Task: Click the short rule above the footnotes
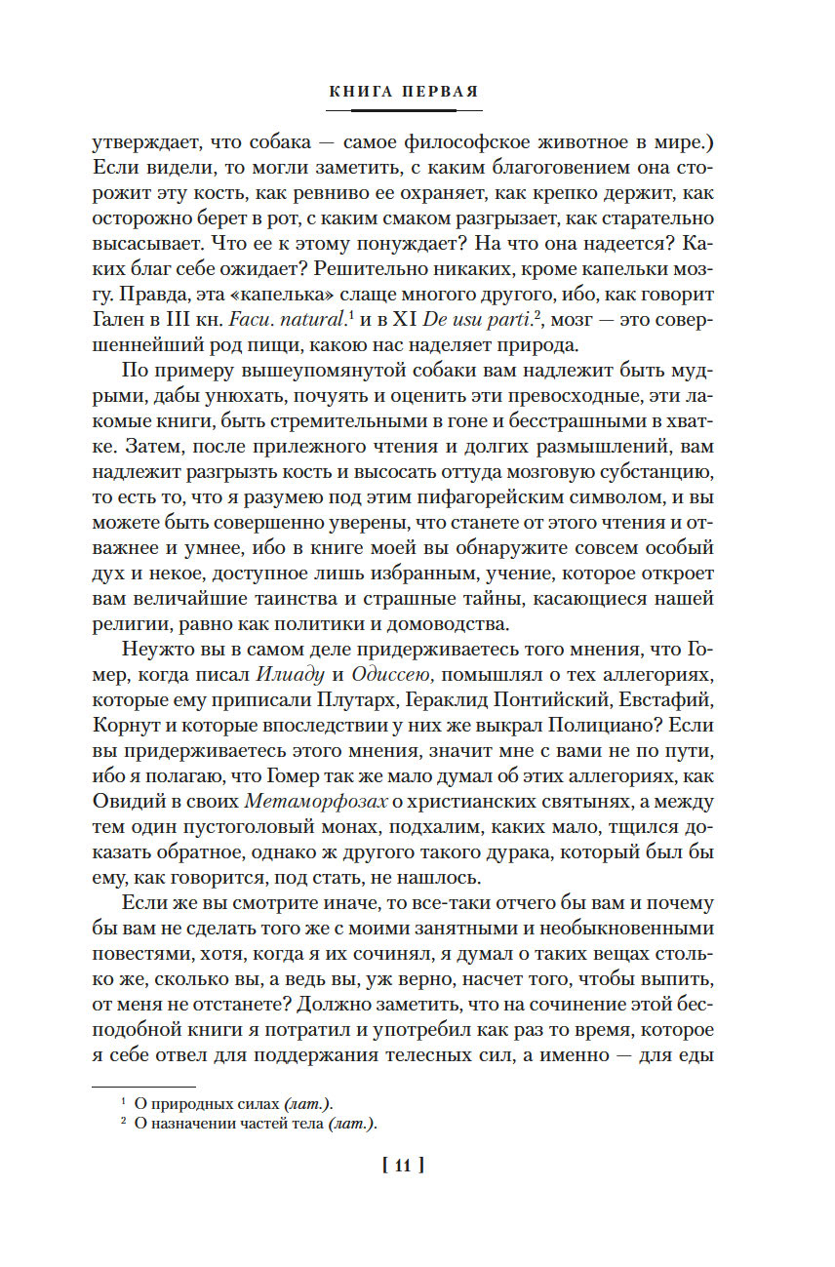[143, 1085]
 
